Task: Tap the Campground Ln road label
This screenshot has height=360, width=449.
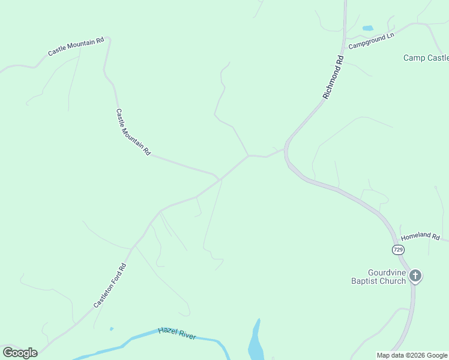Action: [371, 40]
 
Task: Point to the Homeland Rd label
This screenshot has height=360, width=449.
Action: [420, 236]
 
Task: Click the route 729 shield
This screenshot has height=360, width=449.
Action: [398, 248]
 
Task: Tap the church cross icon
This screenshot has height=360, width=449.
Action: [415, 276]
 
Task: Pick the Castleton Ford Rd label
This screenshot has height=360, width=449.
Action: [110, 286]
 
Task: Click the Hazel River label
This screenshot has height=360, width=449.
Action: [177, 334]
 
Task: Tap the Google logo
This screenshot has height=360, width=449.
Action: [20, 352]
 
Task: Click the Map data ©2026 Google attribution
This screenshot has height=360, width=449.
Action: [412, 355]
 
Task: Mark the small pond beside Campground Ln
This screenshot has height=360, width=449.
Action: [367, 28]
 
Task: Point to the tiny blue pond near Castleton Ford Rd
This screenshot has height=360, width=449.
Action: [112, 328]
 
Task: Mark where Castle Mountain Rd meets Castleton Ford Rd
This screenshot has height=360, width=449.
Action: [220, 178]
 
